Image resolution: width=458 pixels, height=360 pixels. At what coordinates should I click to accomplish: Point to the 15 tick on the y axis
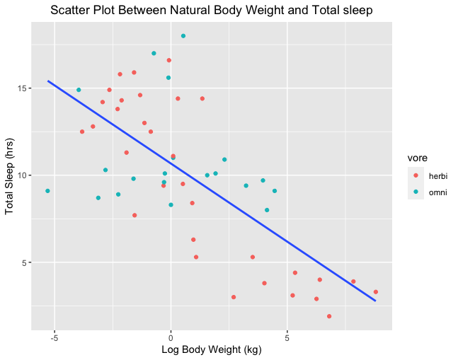pos(22,88)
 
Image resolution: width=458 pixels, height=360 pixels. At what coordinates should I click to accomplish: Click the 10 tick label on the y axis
pos(22,175)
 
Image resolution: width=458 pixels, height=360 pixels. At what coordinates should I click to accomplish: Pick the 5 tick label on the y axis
pos(24,262)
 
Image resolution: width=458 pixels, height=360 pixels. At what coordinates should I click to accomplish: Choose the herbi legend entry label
pos(438,175)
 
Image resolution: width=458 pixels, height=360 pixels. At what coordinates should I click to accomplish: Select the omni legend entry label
pos(438,191)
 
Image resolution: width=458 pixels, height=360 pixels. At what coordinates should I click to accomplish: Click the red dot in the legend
pos(416,175)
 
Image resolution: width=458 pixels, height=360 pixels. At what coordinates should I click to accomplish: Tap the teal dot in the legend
pos(416,191)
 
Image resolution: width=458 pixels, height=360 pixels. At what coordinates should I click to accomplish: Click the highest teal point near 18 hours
pos(183,36)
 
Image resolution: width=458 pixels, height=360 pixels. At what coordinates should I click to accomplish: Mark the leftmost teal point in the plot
pos(47,191)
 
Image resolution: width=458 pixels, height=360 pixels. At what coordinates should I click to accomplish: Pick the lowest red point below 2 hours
pos(329,316)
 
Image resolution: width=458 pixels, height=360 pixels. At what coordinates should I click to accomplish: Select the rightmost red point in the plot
pos(376,292)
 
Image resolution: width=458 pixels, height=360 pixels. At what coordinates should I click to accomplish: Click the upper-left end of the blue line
pos(48,81)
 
